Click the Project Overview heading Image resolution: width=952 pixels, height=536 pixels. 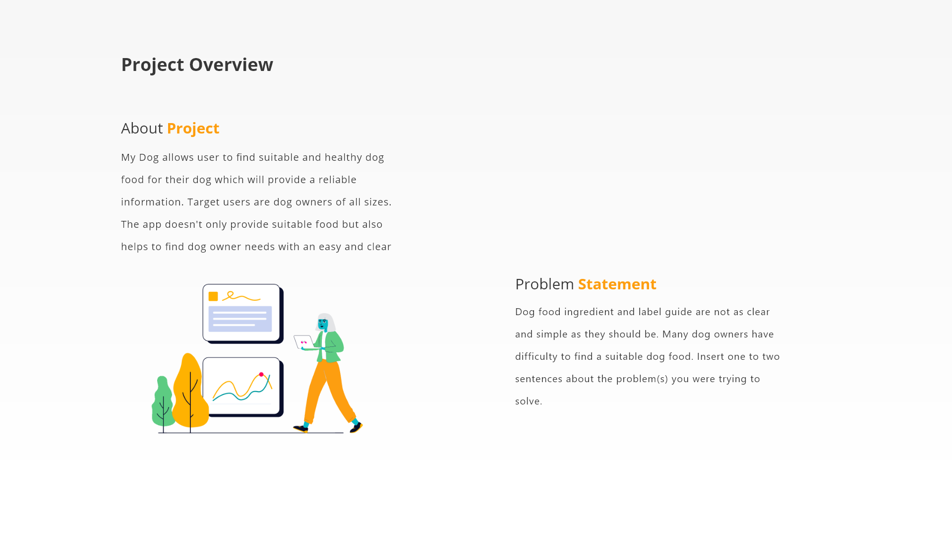[x=197, y=65]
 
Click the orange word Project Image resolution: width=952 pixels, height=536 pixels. [x=193, y=128]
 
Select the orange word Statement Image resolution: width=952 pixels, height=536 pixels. [x=617, y=284]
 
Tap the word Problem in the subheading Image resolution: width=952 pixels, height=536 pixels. [x=544, y=284]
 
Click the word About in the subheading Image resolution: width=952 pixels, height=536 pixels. [x=142, y=128]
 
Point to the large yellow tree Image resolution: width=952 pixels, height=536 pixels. [x=190, y=392]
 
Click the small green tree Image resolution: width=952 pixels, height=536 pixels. [x=163, y=402]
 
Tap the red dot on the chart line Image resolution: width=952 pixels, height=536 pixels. [x=261, y=374]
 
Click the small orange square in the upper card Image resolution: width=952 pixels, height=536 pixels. [x=213, y=296]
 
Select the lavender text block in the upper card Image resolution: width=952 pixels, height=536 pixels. [x=240, y=319]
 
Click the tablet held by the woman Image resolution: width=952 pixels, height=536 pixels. [x=303, y=341]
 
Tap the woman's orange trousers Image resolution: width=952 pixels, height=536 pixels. [x=322, y=392]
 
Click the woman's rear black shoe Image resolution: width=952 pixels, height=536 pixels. [x=300, y=428]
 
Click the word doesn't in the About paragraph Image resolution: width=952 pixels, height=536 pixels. [x=183, y=224]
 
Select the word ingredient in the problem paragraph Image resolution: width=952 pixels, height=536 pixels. [x=589, y=312]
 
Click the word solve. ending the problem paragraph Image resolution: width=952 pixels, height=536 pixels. [x=529, y=401]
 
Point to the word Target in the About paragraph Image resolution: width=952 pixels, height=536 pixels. [x=203, y=202]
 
